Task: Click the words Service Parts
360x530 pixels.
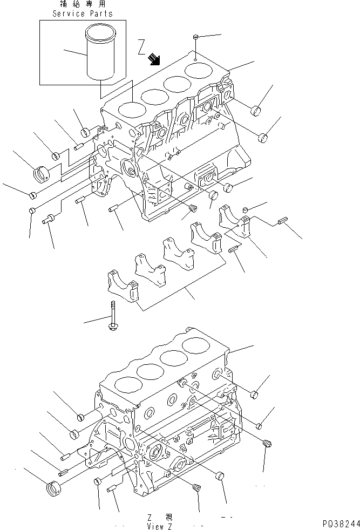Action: (x=83, y=13)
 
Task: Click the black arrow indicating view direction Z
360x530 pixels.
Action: (x=155, y=59)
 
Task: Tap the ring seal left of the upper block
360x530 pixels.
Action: (x=41, y=174)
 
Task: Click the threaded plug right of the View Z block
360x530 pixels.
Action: (x=265, y=444)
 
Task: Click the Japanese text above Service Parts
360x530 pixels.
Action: (x=83, y=4)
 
